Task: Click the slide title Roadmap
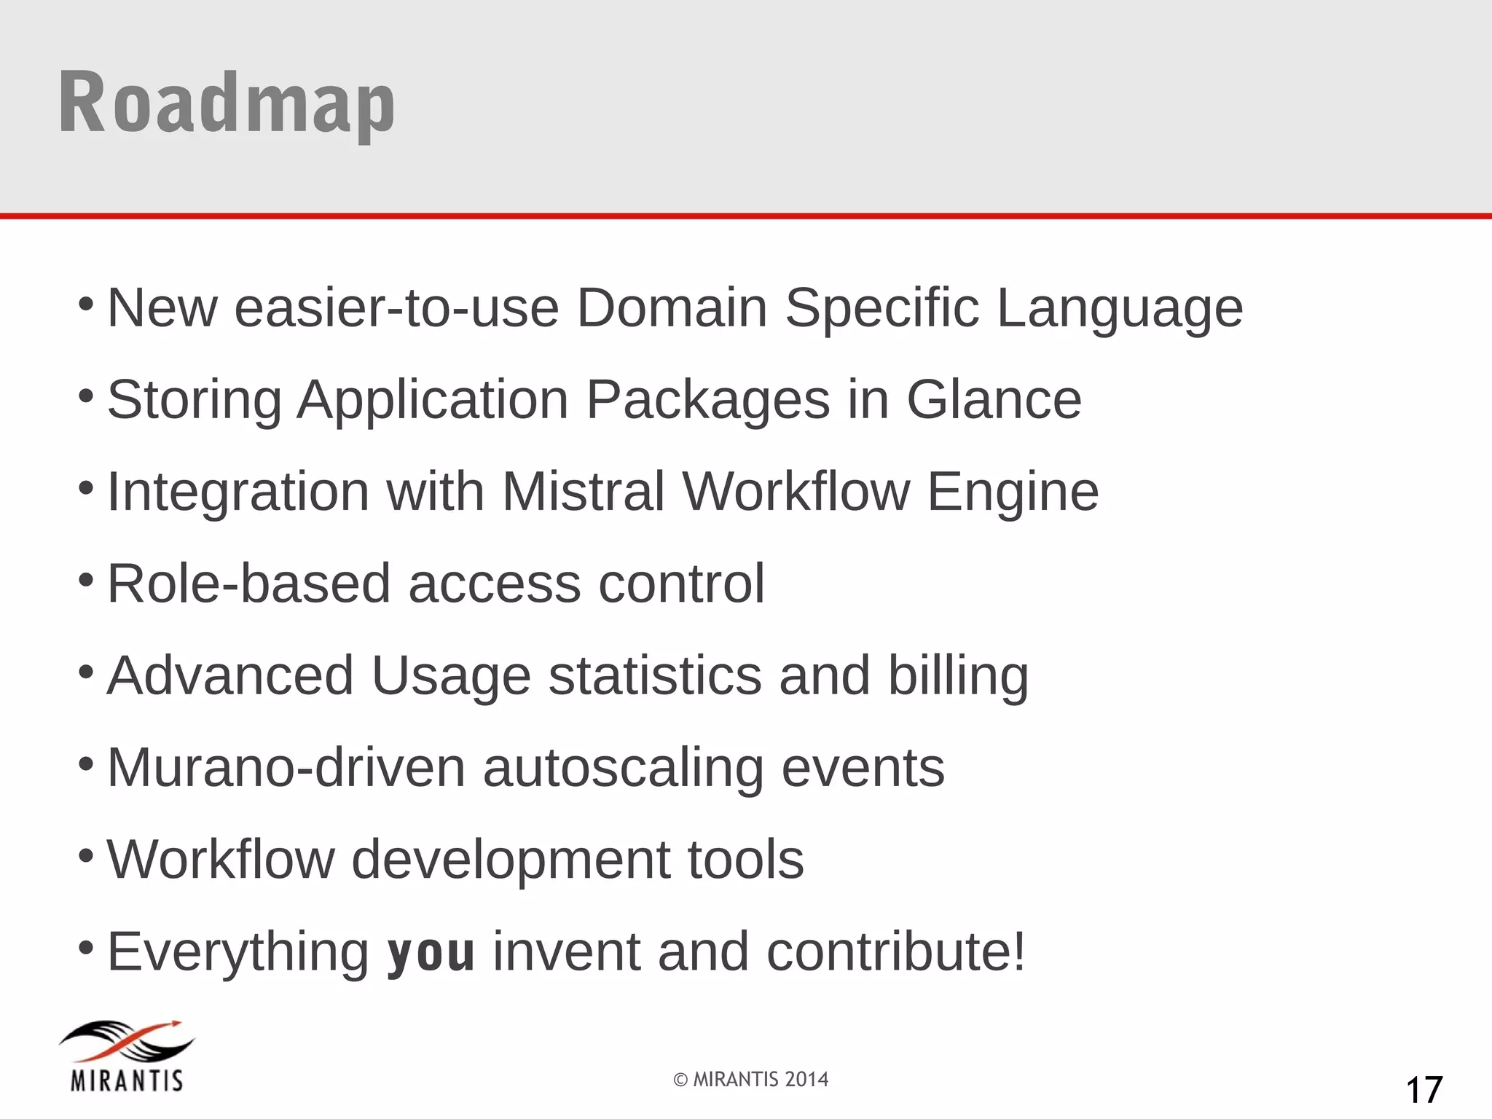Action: (x=227, y=103)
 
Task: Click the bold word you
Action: (x=431, y=951)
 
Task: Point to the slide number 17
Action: (x=1424, y=1090)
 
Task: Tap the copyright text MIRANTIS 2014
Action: (x=751, y=1079)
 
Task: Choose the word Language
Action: (x=1120, y=309)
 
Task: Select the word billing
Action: (x=958, y=676)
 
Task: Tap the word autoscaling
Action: (x=623, y=769)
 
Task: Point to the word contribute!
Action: (x=896, y=951)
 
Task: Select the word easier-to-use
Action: (x=396, y=307)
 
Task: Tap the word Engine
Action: (x=1013, y=492)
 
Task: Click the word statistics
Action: (x=655, y=675)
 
